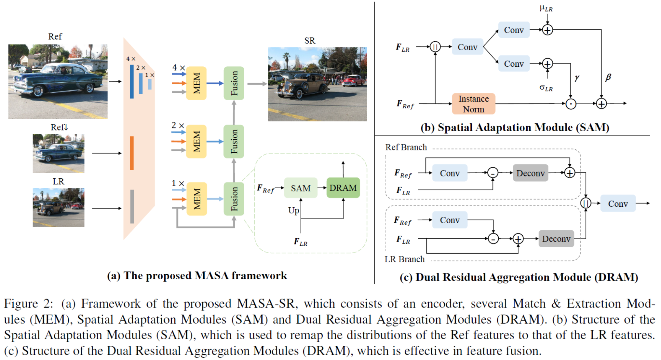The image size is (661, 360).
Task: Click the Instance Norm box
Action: [x=473, y=104]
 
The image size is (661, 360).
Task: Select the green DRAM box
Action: [x=343, y=188]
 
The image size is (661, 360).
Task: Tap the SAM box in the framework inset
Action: [x=301, y=188]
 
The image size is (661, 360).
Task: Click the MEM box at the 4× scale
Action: [x=196, y=83]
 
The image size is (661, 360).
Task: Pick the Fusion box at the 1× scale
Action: [x=234, y=199]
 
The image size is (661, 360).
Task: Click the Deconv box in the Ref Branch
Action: [x=530, y=173]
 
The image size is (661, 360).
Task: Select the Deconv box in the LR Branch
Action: [x=556, y=239]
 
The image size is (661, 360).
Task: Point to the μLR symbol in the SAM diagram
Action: [x=546, y=8]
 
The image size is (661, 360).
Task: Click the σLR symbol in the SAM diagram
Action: [x=546, y=88]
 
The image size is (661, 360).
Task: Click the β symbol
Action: [x=608, y=77]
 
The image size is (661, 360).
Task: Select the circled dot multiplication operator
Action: [x=571, y=104]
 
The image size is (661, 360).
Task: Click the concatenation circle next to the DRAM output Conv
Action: [x=586, y=203]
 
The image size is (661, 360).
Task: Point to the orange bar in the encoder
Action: [x=132, y=153]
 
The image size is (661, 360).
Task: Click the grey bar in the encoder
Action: [x=132, y=206]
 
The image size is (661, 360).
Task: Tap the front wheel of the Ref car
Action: [x=38, y=91]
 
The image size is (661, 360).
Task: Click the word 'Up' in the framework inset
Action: [x=293, y=211]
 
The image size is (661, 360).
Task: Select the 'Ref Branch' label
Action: [x=406, y=147]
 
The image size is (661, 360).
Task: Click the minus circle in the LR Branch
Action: [x=493, y=239]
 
